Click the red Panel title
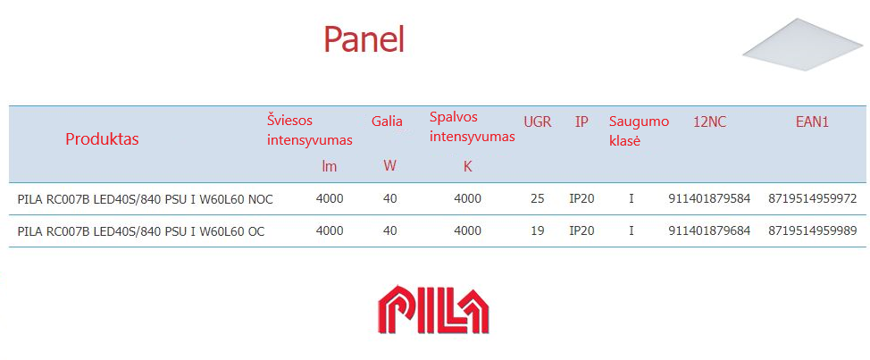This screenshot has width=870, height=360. click(364, 39)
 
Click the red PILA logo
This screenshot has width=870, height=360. click(433, 309)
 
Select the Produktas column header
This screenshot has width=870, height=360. click(102, 139)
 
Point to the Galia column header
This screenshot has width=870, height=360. click(387, 121)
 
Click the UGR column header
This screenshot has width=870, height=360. click(538, 122)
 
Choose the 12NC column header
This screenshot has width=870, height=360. click(709, 122)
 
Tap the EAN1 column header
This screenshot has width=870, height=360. click(812, 122)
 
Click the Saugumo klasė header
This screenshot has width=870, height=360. click(640, 131)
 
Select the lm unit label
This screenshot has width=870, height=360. click(330, 166)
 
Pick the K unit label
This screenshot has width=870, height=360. click(468, 166)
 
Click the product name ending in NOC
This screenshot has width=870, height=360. click(146, 199)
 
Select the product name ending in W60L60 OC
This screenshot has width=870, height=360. click(141, 231)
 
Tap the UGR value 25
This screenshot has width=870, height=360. click(538, 198)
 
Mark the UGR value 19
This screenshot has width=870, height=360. click(538, 230)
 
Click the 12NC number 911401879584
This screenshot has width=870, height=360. click(709, 198)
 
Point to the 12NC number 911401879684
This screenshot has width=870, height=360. click(709, 230)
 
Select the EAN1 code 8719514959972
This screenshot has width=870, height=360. click(813, 198)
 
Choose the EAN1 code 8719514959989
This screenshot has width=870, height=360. click(813, 230)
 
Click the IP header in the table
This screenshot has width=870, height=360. click(581, 122)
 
